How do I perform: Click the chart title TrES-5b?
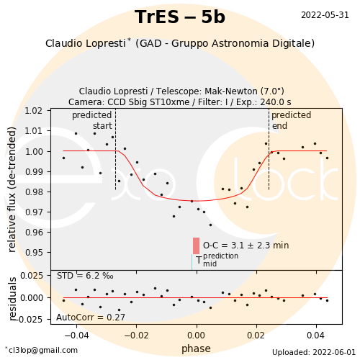[x=180, y=17]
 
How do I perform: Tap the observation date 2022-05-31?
[x=325, y=15]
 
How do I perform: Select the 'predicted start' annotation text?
[x=92, y=120]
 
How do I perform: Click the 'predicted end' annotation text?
[x=291, y=120]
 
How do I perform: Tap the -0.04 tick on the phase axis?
[x=76, y=335]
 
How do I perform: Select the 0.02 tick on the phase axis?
[x=256, y=335]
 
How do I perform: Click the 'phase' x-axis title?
[x=196, y=348]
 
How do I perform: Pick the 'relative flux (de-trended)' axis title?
[x=12, y=189]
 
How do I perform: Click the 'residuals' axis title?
[x=12, y=299]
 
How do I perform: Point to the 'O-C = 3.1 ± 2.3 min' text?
[x=246, y=246]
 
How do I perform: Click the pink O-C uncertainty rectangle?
[x=196, y=246]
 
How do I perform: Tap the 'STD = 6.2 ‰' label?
[x=85, y=276]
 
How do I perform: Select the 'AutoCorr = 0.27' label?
[x=91, y=318]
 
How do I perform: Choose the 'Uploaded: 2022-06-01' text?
[x=314, y=352]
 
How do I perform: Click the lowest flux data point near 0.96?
[x=210, y=225]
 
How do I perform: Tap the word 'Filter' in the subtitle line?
[x=207, y=102]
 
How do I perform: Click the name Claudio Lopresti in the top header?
[x=86, y=43]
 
